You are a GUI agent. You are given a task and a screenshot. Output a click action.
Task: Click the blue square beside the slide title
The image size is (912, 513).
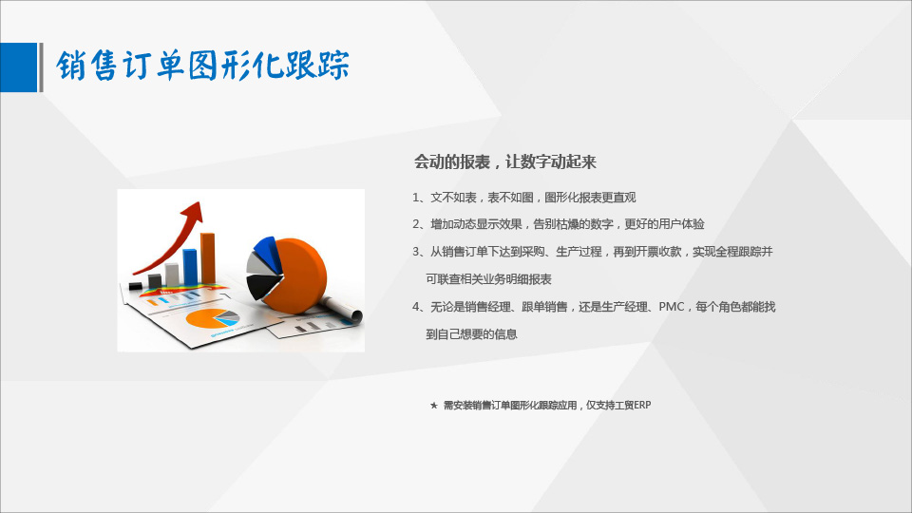pyautogui.click(x=18, y=67)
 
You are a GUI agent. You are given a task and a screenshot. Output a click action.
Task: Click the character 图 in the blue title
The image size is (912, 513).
pyautogui.click(x=202, y=65)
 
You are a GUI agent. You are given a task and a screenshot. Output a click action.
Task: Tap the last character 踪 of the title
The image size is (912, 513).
pyautogui.click(x=333, y=65)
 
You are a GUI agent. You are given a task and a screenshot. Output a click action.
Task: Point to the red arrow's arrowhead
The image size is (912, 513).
pyautogui.click(x=193, y=212)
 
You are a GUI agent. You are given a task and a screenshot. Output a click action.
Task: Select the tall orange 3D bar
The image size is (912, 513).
pyautogui.click(x=208, y=258)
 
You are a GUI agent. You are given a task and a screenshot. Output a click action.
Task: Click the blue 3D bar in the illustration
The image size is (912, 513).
pyautogui.click(x=190, y=267)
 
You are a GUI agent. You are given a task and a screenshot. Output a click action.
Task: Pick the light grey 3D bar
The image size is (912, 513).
pyautogui.click(x=172, y=275)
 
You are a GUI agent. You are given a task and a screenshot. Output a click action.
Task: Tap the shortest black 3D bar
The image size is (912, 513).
pyautogui.click(x=136, y=286)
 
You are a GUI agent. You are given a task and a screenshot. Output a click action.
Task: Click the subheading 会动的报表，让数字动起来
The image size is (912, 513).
pyautogui.click(x=504, y=161)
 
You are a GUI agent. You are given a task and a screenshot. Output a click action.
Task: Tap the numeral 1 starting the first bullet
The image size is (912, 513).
pyautogui.click(x=416, y=198)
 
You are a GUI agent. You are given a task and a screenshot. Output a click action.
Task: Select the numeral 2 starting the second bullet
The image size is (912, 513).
pyautogui.click(x=416, y=224)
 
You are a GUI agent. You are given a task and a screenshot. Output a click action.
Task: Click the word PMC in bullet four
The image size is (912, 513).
pyautogui.click(x=672, y=307)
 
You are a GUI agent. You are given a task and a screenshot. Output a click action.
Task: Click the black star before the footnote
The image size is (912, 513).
pyautogui.click(x=434, y=406)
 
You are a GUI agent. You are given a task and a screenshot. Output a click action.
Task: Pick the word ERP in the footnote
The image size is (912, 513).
pyautogui.click(x=642, y=406)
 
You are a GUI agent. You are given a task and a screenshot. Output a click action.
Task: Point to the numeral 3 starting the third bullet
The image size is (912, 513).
pyautogui.click(x=416, y=252)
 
